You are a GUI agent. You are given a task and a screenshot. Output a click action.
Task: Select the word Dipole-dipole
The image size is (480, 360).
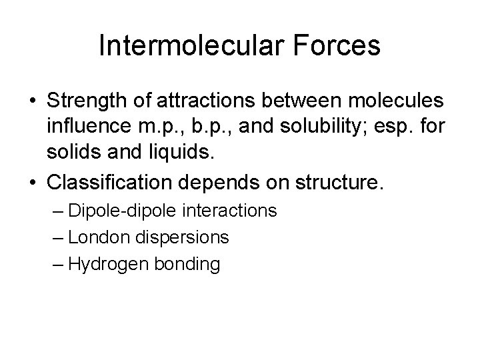125,211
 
